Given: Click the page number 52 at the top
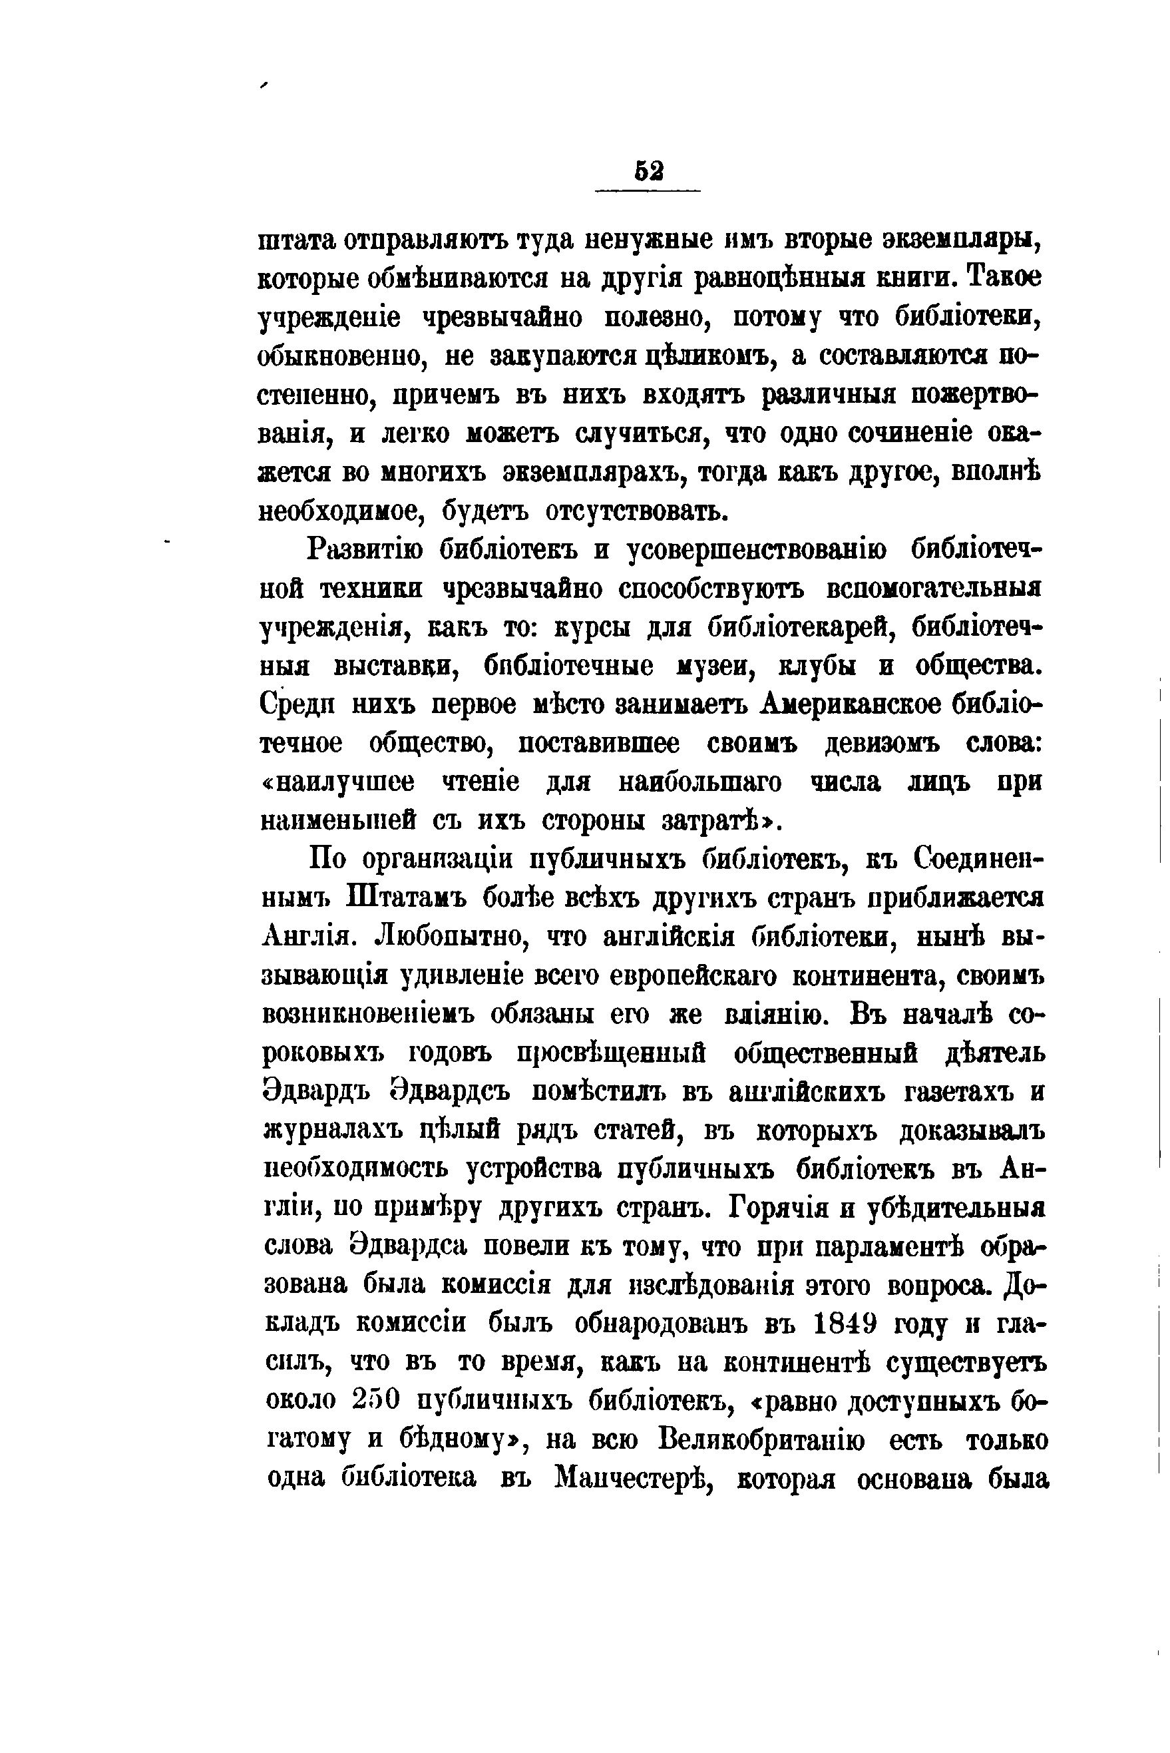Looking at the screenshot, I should (648, 172).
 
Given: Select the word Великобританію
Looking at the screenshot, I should (763, 1441).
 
